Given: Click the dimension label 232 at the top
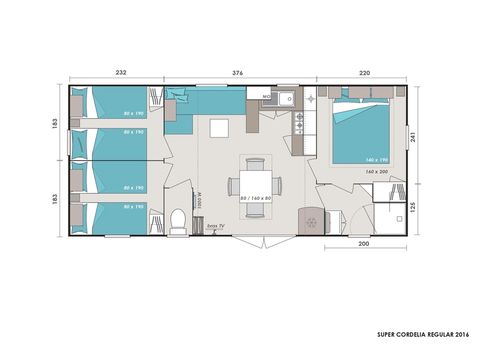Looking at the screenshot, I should (119, 73).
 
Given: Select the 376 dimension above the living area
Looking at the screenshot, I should (237, 73).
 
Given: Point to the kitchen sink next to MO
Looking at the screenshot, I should (281, 98).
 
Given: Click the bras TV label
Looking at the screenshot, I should (213, 227).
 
